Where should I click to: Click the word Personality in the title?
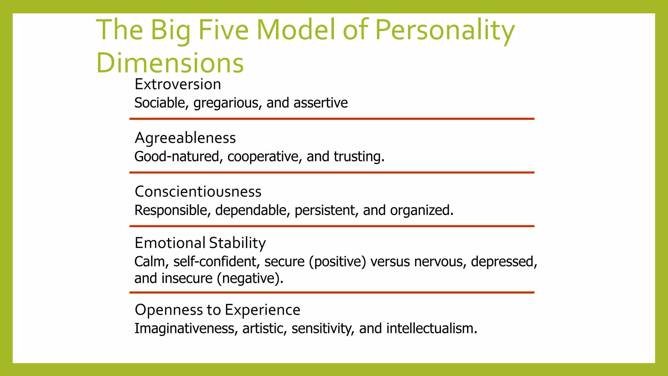(x=445, y=30)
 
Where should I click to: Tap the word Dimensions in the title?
(x=170, y=63)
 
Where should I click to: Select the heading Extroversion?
(x=178, y=84)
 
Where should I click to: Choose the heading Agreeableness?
(x=185, y=138)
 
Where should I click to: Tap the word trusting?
(x=358, y=157)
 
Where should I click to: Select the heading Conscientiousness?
(x=198, y=192)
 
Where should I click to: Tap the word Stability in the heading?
(x=237, y=243)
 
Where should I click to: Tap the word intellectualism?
(x=432, y=329)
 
